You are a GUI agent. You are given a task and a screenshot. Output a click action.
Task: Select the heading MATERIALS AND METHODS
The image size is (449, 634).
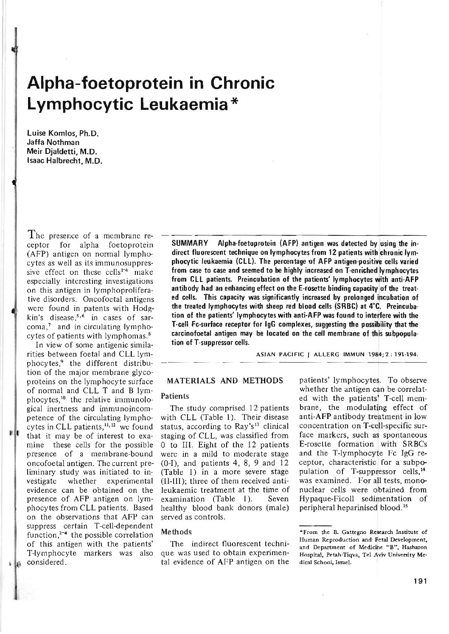225,380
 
